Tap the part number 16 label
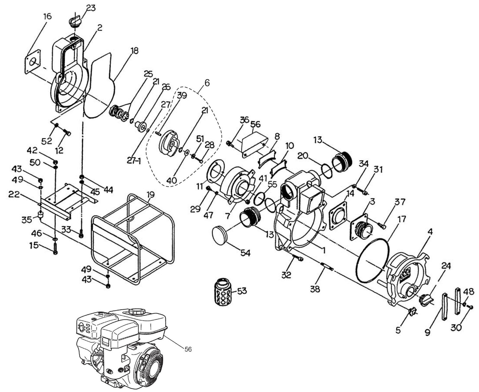[47, 16]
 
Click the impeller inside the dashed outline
[169, 143]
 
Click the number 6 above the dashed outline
[207, 83]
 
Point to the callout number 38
[315, 289]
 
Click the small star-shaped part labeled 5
[412, 312]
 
